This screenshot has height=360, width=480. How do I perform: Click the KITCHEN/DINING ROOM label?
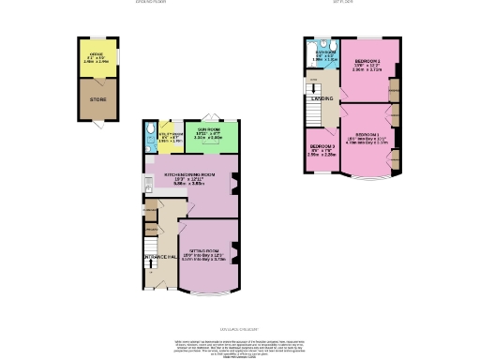pyautogui.click(x=190, y=175)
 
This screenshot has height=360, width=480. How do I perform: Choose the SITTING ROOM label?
pyautogui.click(x=204, y=252)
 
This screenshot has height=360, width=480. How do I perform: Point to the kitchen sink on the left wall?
pyautogui.click(x=149, y=181)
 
